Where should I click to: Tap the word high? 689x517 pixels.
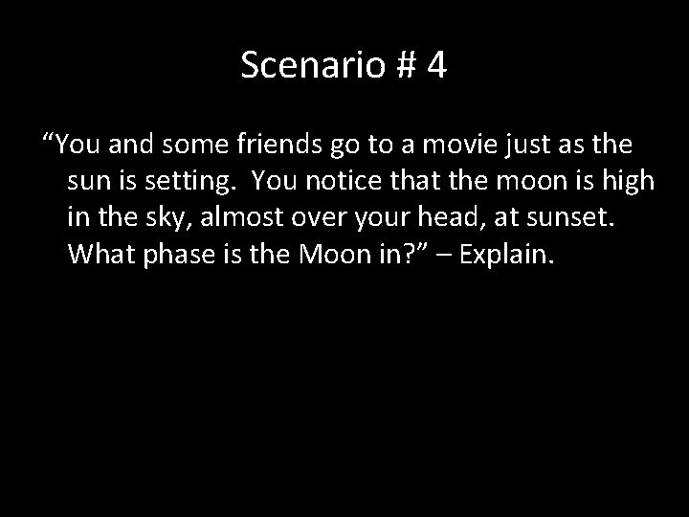pyautogui.click(x=629, y=182)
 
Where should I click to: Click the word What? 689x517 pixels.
pyautogui.click(x=101, y=255)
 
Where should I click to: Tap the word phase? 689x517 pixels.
pyautogui.click(x=179, y=255)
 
